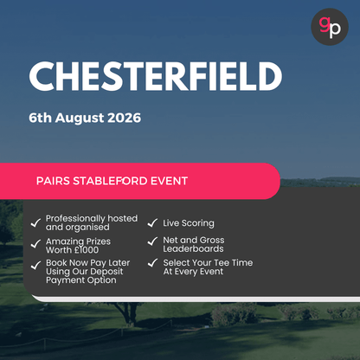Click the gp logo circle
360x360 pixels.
pos(330,26)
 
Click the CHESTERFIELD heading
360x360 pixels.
pos(156,77)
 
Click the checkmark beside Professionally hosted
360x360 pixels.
pos(35,222)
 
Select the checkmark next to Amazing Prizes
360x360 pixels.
pos(35,244)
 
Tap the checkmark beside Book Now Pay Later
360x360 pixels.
pos(35,264)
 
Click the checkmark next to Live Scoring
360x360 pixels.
pos(152,223)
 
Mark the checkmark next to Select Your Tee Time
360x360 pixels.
pos(152,262)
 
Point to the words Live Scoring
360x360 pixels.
pos(188,223)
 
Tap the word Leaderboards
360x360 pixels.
pos(193,249)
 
